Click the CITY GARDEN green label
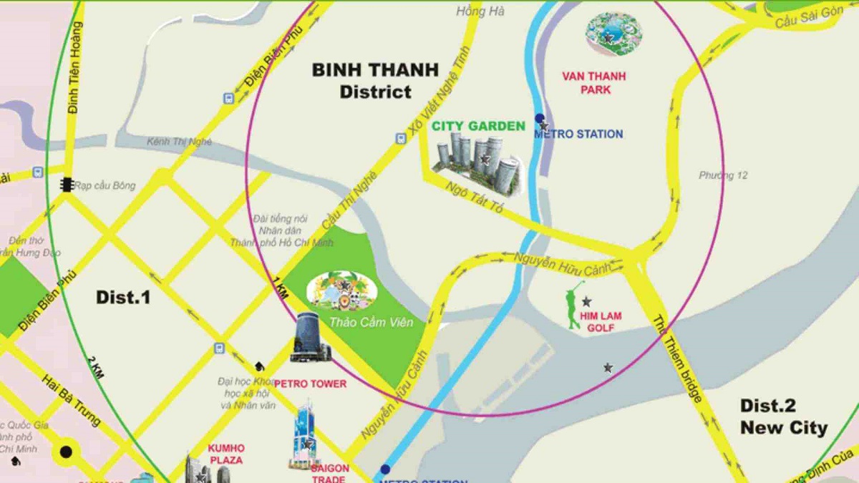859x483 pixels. click(x=478, y=127)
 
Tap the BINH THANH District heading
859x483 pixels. click(x=375, y=80)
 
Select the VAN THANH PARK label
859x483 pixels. click(x=594, y=82)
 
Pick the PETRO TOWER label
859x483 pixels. click(x=310, y=384)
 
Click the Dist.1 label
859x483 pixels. click(x=123, y=297)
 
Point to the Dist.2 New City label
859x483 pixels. click(x=782, y=417)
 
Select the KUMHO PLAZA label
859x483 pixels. click(x=225, y=454)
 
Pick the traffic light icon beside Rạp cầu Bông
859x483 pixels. click(x=67, y=185)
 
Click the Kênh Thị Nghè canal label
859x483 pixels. click(x=179, y=142)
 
